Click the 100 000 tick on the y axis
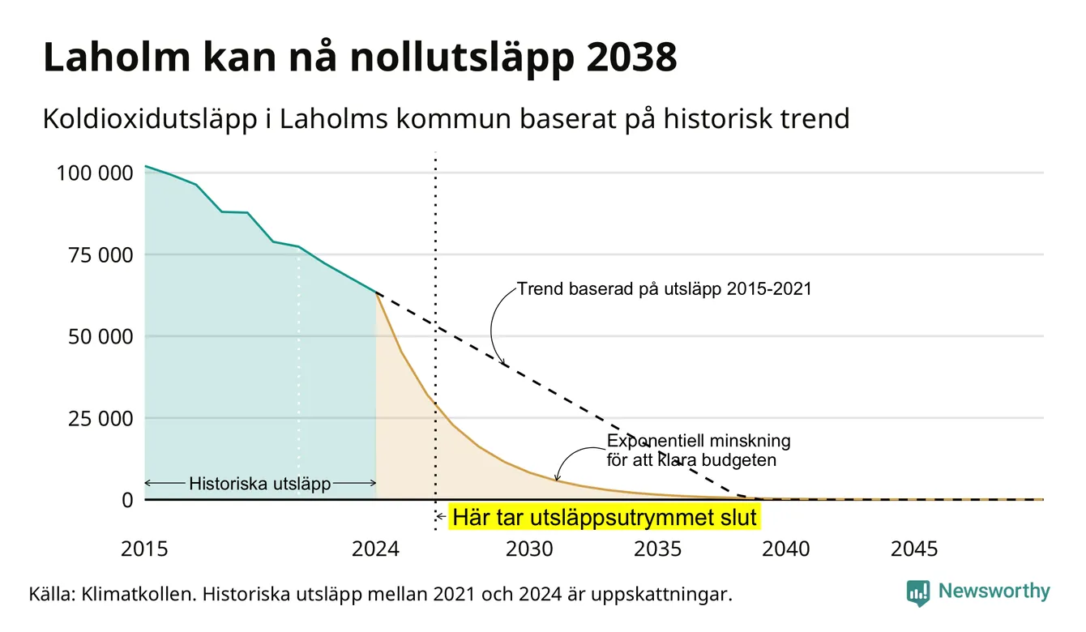click(x=95, y=173)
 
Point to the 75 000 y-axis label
click(x=100, y=255)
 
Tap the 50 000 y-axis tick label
click(x=100, y=336)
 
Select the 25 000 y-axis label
click(x=100, y=418)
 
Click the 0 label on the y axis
click(x=127, y=500)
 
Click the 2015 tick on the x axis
click(x=144, y=549)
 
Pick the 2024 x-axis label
click(x=375, y=549)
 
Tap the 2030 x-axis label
click(x=529, y=549)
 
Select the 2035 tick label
click(x=658, y=549)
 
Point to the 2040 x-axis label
click(x=786, y=549)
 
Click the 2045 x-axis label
click(x=914, y=549)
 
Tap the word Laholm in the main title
click(x=117, y=57)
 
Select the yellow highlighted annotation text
click(x=605, y=517)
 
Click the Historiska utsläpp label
click(x=260, y=484)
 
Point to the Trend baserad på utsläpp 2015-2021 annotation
click(x=665, y=289)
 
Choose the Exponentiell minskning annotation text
click(x=699, y=451)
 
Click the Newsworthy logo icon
click(x=918, y=593)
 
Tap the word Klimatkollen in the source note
click(x=139, y=594)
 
